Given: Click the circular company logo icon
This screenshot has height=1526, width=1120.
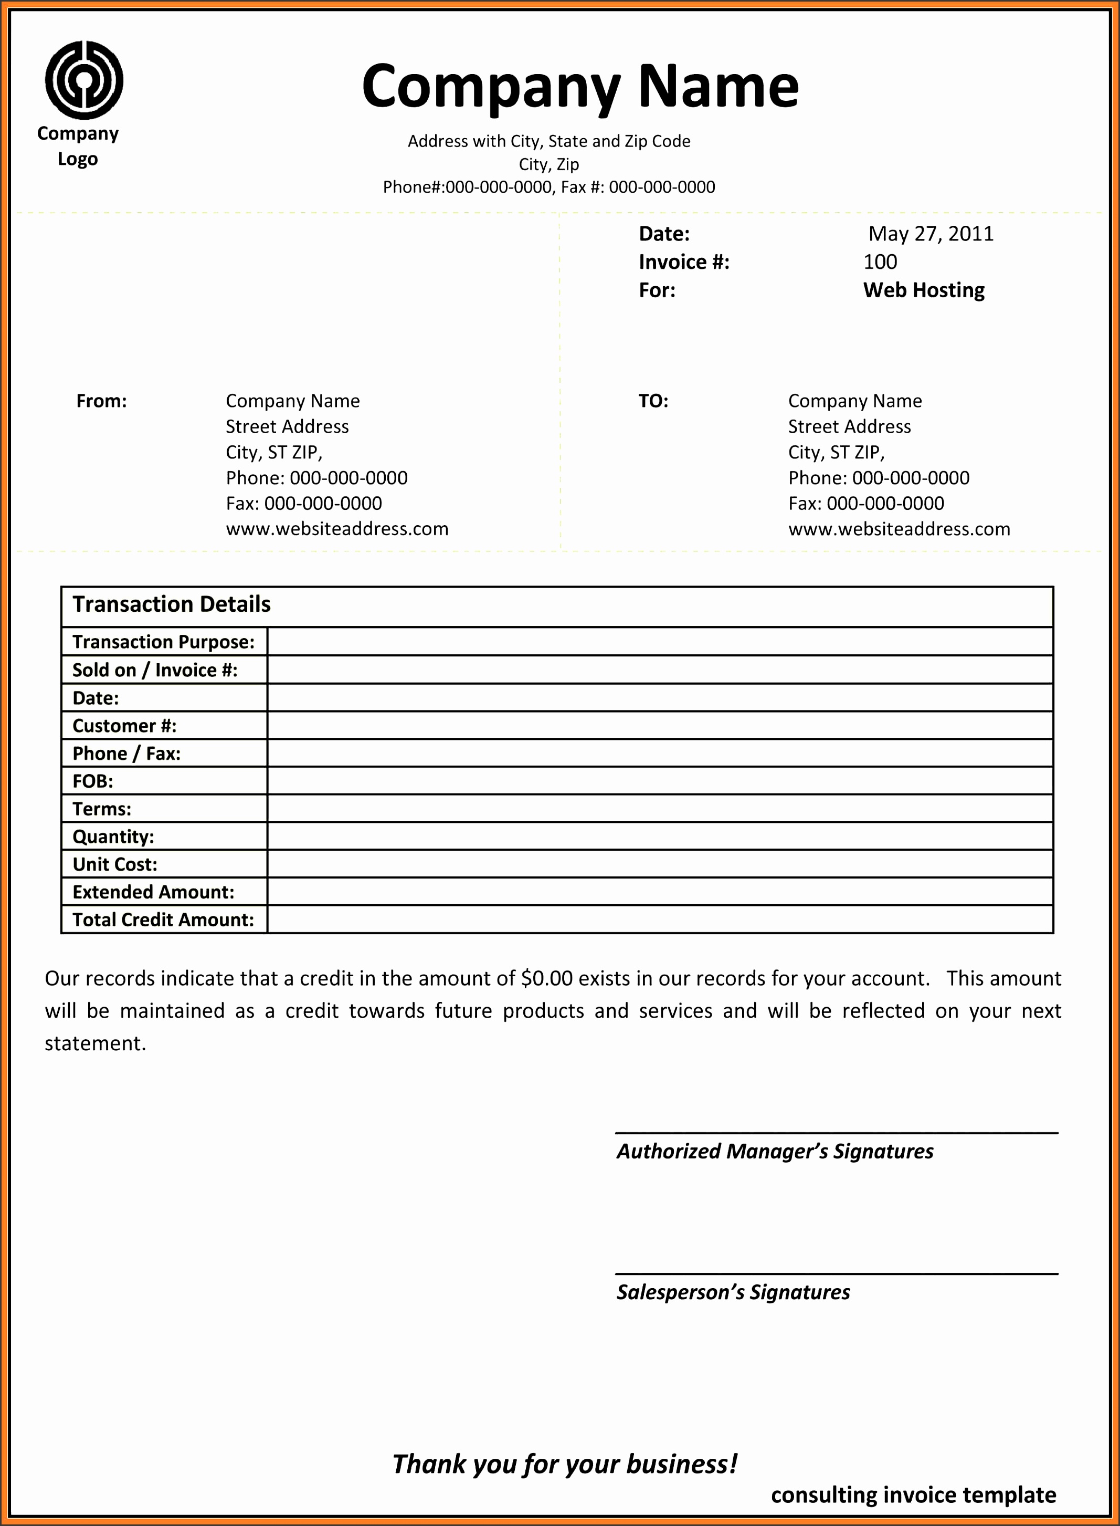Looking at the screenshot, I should tap(84, 80).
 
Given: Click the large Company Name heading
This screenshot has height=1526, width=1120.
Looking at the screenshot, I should tap(580, 87).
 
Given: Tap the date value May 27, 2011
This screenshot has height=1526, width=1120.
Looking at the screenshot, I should tap(931, 234).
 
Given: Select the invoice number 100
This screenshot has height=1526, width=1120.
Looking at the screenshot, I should tap(880, 262).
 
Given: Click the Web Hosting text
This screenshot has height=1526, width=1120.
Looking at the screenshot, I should tap(923, 290).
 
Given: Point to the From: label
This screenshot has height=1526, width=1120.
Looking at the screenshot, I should tap(102, 401).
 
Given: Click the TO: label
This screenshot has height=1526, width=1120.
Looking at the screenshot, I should tap(653, 401).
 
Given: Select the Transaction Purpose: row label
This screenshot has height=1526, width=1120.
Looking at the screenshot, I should tap(163, 642).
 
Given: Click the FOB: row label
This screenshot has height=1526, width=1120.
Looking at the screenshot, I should tap(93, 781).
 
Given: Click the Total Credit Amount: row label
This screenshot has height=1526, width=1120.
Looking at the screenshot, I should tap(163, 919).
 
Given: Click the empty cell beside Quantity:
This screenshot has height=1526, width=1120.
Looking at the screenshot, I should tap(659, 836).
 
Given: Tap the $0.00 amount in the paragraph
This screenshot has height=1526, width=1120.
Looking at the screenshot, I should tap(547, 978).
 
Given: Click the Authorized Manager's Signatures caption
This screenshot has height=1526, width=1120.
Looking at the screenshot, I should tap(774, 1152).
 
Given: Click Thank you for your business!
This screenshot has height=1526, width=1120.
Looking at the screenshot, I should tap(564, 1464).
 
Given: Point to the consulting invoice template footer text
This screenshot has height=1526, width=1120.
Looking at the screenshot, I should tap(913, 1495).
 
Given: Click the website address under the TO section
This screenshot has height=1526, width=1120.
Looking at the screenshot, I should tap(899, 529).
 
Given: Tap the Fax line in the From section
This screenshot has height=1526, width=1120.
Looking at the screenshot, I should tap(304, 503).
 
